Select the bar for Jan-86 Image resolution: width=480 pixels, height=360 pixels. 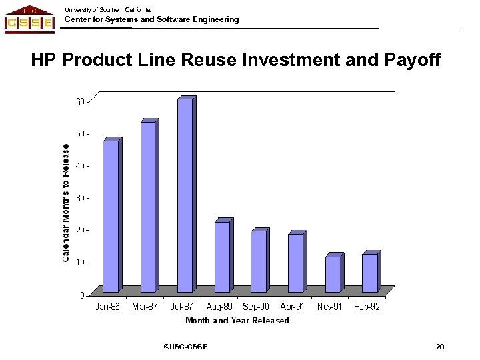(111, 216)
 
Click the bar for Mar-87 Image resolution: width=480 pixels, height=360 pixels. (148, 207)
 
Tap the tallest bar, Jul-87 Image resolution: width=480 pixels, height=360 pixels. (185, 195)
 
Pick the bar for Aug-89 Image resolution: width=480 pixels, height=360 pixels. (222, 257)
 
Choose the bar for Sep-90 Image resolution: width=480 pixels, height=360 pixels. (259, 261)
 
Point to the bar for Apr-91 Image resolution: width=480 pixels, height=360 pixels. (295, 263)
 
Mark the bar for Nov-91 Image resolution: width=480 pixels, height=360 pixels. (333, 274)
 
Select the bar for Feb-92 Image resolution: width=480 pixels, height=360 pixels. (370, 273)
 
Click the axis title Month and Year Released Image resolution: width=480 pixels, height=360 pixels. (237, 321)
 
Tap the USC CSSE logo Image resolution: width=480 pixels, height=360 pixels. (30, 18)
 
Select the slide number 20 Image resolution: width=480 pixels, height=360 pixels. (439, 347)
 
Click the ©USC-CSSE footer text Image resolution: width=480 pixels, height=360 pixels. (185, 347)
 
